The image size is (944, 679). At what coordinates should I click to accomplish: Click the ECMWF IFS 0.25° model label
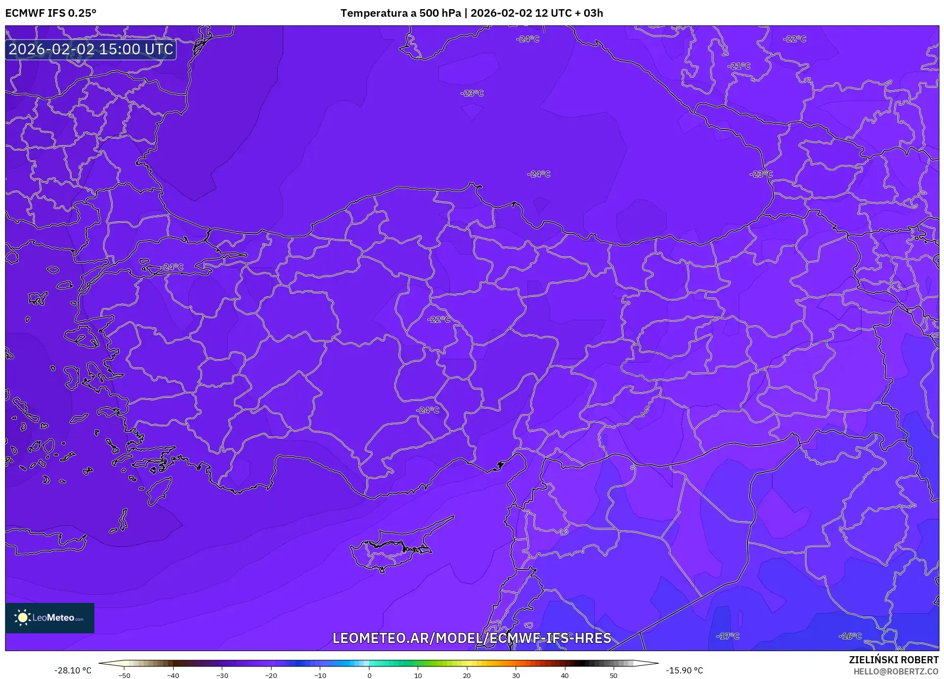pos(51,13)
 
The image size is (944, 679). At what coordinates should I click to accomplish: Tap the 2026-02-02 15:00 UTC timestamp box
pos(91,49)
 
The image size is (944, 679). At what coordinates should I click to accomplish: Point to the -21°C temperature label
pos(738,66)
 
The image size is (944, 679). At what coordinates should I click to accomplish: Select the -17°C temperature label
pos(728,636)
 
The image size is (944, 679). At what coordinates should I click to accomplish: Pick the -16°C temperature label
pos(850,636)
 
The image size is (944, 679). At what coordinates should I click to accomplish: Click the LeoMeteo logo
pos(50,618)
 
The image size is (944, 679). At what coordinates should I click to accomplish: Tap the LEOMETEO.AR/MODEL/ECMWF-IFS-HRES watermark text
pos(471,638)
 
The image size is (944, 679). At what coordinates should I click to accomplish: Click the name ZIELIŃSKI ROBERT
pos(893,660)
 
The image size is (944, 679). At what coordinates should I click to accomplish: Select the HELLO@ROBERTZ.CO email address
pos(896,671)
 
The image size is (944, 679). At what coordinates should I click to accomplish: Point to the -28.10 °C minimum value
pos(73,670)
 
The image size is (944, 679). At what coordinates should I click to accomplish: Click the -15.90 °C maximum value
pos(684,670)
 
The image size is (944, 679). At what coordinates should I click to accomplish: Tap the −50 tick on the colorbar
pos(124,675)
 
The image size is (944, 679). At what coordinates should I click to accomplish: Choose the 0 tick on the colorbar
pos(369,675)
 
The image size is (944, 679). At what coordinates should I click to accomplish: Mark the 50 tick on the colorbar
pos(614,675)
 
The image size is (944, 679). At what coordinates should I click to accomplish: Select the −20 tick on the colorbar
pos(271,675)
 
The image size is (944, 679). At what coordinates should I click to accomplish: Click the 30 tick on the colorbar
pos(516,675)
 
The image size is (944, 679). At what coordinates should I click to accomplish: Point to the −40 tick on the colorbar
pos(173,675)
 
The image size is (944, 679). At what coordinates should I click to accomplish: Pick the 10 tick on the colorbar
pos(418,675)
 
